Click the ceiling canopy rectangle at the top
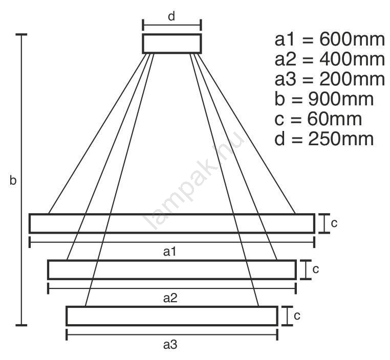pyautogui.click(x=172, y=34)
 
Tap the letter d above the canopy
pyautogui.click(x=171, y=16)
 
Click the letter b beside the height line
pyautogui.click(x=13, y=180)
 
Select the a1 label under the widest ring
pyautogui.click(x=169, y=252)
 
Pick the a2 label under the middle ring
pyautogui.click(x=170, y=298)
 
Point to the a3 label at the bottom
pyautogui.click(x=170, y=345)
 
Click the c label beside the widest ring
pyautogui.click(x=334, y=223)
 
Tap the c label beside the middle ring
pyautogui.click(x=316, y=269)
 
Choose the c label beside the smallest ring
pyautogui.click(x=297, y=316)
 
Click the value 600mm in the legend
pyautogui.click(x=352, y=39)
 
